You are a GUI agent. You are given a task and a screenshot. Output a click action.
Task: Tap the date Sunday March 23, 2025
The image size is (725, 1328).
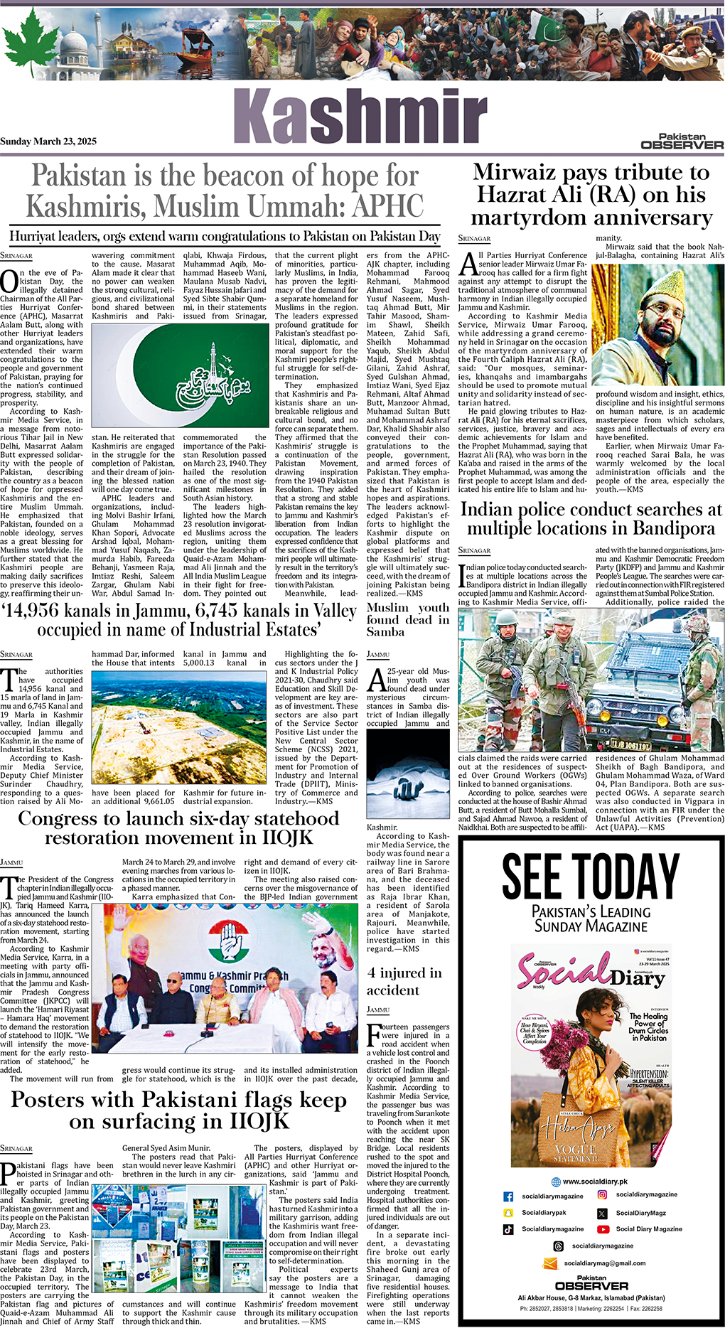pyautogui.click(x=48, y=141)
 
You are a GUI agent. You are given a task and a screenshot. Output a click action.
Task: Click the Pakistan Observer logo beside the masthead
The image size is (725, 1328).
pyautogui.click(x=682, y=141)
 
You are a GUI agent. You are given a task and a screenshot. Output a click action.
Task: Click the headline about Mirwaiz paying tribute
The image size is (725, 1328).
pyautogui.click(x=591, y=195)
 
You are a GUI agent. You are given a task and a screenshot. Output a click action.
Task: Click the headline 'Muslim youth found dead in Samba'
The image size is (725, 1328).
pyautogui.click(x=408, y=619)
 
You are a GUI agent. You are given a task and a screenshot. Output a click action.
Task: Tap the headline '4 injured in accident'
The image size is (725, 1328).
pyautogui.click(x=404, y=981)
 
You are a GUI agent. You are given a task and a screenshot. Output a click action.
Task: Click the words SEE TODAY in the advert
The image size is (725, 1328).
pyautogui.click(x=591, y=877)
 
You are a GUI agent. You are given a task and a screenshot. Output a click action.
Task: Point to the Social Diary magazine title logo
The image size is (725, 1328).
pyautogui.click(x=591, y=969)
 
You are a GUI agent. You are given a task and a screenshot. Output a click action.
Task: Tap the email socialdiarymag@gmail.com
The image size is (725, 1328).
pyautogui.click(x=604, y=1263)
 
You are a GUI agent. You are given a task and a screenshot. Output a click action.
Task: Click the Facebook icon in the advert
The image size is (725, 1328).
pyautogui.click(x=508, y=1196)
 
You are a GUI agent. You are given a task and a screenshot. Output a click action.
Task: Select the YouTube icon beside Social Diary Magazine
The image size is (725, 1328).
pyautogui.click(x=603, y=1228)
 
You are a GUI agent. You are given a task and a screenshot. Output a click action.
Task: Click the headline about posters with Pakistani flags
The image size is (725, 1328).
pyautogui.click(x=179, y=1110)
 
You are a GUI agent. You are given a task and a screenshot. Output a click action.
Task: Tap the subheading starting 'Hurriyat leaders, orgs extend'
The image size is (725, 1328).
pyautogui.click(x=225, y=237)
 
